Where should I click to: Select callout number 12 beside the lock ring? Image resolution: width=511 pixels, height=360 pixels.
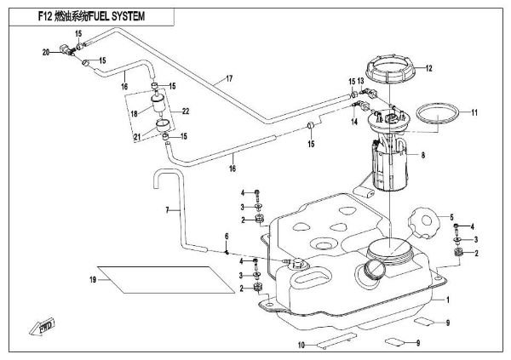[x=429, y=68]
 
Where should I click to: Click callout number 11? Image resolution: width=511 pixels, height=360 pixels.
[x=476, y=113]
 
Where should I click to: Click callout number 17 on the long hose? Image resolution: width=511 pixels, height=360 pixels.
[x=228, y=79]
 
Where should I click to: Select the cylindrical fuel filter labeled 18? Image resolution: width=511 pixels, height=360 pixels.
[x=160, y=107]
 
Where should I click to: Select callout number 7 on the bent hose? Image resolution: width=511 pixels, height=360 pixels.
[x=168, y=209]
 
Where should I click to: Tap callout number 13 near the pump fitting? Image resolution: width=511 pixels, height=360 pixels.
[x=361, y=81]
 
